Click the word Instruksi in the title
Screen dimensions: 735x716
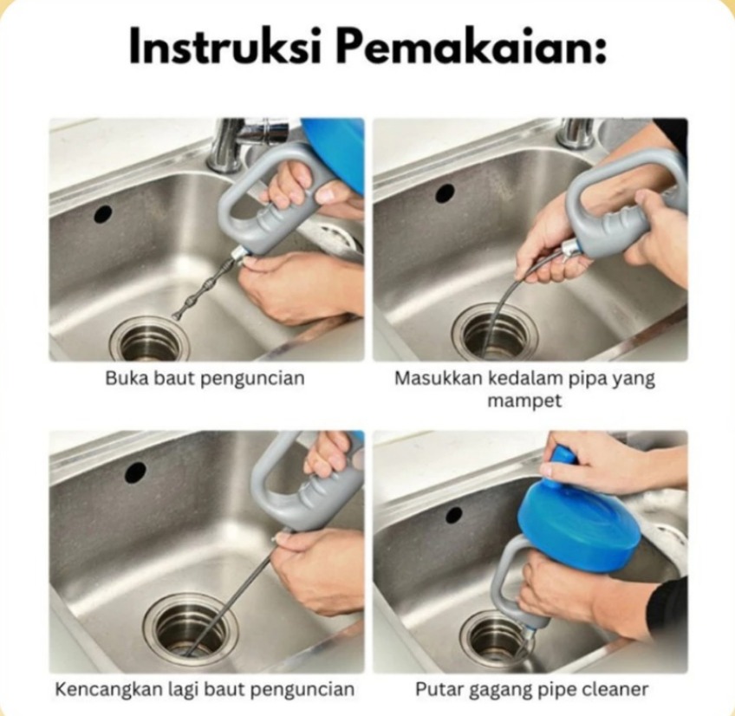(225, 46)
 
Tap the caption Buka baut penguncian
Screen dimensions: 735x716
(205, 379)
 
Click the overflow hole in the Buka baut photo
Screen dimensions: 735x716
(102, 214)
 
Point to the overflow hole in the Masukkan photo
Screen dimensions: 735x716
(445, 192)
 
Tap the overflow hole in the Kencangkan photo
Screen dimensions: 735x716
(135, 472)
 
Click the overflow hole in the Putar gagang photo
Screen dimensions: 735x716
(453, 515)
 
